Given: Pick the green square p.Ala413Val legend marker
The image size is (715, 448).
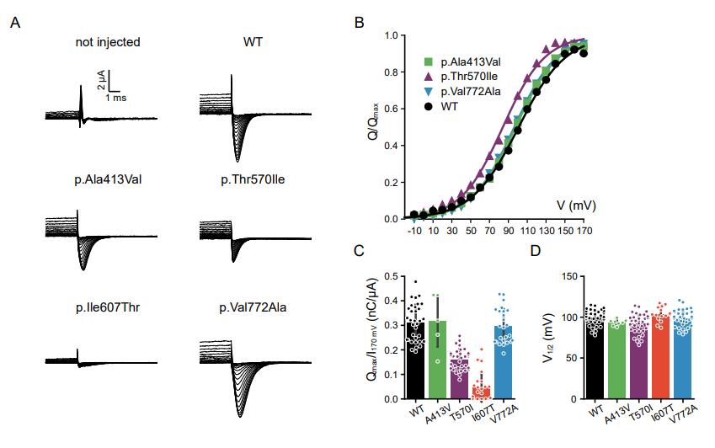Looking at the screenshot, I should point(429,61).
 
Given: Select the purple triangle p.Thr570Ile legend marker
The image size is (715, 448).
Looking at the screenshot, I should point(429,77).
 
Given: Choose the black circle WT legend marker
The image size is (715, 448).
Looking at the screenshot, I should point(429,107).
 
